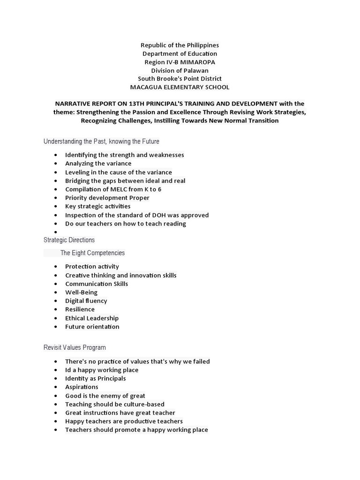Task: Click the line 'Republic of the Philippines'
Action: click(180, 45)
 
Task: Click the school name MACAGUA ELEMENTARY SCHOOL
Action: click(180, 87)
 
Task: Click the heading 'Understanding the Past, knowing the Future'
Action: click(101, 141)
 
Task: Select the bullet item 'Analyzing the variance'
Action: click(98, 164)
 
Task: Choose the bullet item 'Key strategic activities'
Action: click(97, 206)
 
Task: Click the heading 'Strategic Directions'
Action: click(69, 240)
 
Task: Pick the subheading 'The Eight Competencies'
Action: click(92, 253)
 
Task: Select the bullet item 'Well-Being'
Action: click(81, 292)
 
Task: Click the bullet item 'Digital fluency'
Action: click(86, 301)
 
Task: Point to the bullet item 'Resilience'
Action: click(80, 309)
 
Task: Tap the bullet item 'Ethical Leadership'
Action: click(91, 318)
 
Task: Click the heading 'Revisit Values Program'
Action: click(75, 347)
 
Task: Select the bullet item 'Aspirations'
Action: click(82, 387)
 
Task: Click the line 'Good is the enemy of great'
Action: click(105, 396)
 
